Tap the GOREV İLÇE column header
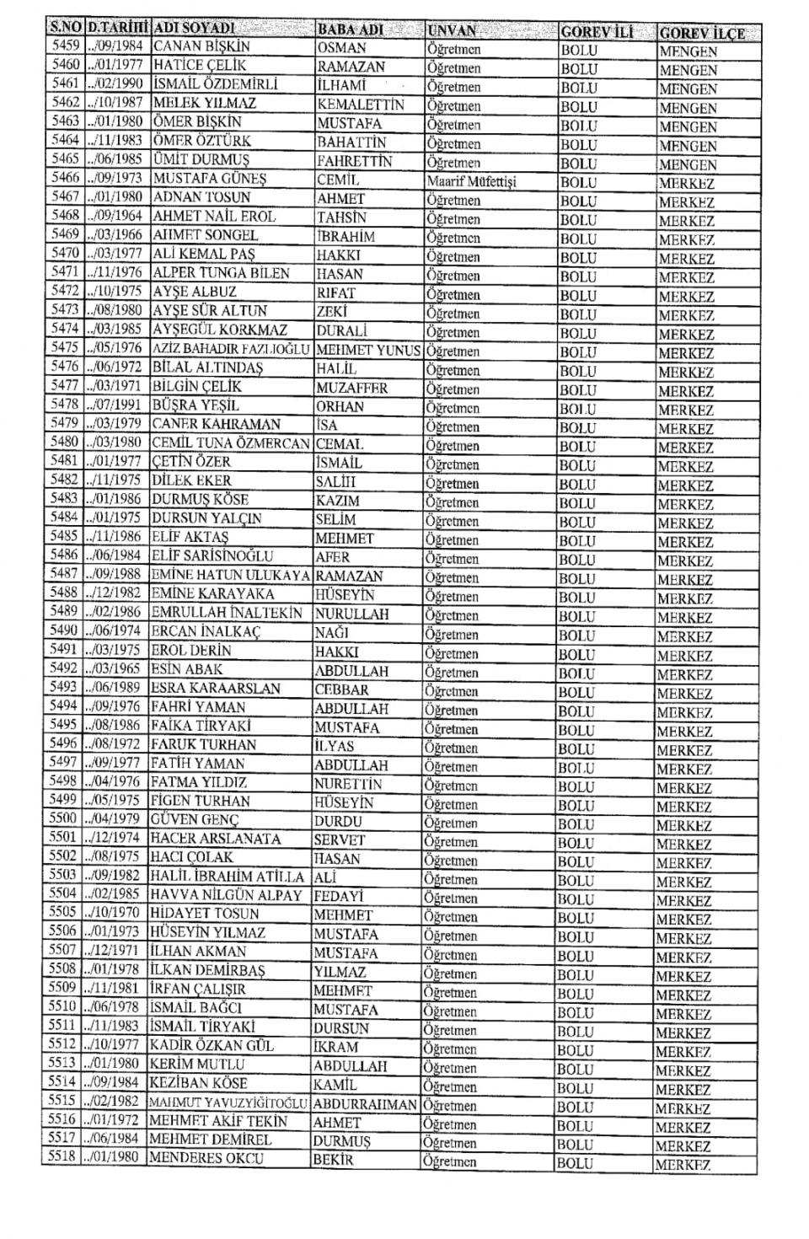[702, 33]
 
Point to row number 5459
[65, 46]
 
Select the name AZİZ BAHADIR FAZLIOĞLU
[232, 349]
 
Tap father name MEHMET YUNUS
[368, 350]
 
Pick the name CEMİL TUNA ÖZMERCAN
[231, 442]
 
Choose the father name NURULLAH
[351, 614]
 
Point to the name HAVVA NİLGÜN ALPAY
[225, 895]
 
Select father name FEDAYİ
[338, 896]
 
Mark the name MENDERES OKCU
[206, 1158]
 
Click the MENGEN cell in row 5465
[688, 164]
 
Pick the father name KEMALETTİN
[361, 105]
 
